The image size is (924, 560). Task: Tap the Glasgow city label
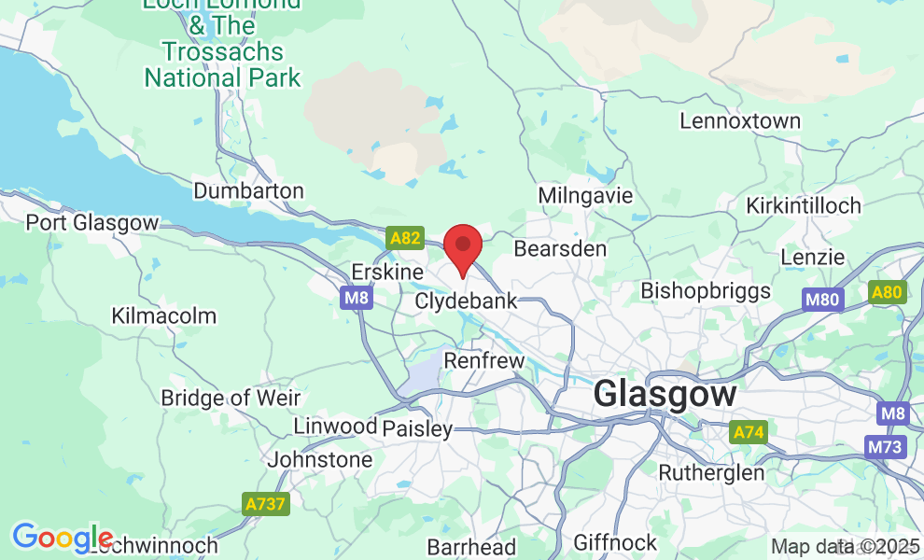[665, 394]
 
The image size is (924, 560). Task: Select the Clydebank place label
[466, 301]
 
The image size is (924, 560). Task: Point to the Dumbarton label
[248, 191]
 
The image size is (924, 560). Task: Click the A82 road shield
[405, 238]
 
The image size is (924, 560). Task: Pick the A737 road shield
[266, 504]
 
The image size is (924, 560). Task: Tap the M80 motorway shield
[821, 300]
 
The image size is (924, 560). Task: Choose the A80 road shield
[887, 293]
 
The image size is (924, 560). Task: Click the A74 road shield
[747, 432]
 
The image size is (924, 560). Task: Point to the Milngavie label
[586, 196]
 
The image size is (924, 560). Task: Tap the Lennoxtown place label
[740, 121]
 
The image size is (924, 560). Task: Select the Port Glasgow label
[92, 223]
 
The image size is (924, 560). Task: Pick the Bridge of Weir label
[231, 398]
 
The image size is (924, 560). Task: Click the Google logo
[62, 538]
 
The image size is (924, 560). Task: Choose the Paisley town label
[417, 429]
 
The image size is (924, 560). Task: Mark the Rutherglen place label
[711, 472]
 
